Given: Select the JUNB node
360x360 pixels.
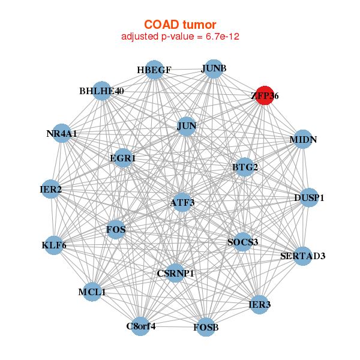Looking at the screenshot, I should (x=214, y=68).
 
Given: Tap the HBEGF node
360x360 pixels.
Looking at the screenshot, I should (x=154, y=70).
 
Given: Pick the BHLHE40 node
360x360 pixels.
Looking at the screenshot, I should (x=102, y=91).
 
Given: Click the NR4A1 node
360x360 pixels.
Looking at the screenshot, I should (x=62, y=133).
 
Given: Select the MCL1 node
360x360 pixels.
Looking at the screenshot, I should (x=92, y=292).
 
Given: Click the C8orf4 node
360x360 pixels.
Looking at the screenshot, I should (x=141, y=326).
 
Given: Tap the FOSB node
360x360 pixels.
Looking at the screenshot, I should (x=206, y=327).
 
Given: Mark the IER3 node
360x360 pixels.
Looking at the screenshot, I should (x=259, y=305).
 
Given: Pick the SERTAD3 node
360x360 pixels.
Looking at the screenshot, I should (x=303, y=256).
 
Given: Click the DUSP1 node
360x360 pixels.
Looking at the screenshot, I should (x=309, y=197).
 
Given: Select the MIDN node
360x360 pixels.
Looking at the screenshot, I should (x=303, y=140).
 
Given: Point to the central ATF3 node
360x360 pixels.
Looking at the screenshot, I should (x=182, y=203).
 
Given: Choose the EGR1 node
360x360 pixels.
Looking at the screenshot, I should (x=123, y=158).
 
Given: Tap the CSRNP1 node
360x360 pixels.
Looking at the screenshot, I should (x=175, y=274).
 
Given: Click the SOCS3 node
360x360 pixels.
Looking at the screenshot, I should (x=242, y=242).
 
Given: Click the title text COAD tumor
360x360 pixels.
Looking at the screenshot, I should (x=180, y=24).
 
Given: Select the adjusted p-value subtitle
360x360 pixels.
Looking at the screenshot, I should (x=180, y=37).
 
